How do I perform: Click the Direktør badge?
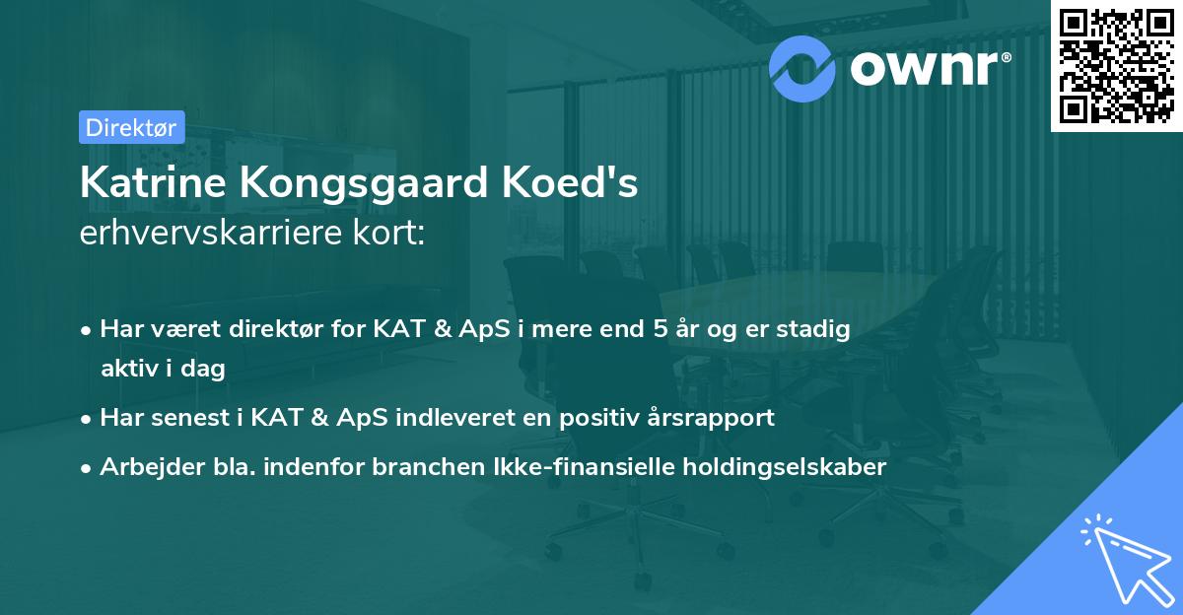point(130,127)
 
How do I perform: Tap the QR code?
point(1116,65)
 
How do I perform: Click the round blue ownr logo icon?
point(802,68)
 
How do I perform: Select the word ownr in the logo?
point(930,68)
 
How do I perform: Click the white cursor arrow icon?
point(1123,560)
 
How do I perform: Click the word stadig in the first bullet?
point(817,329)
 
